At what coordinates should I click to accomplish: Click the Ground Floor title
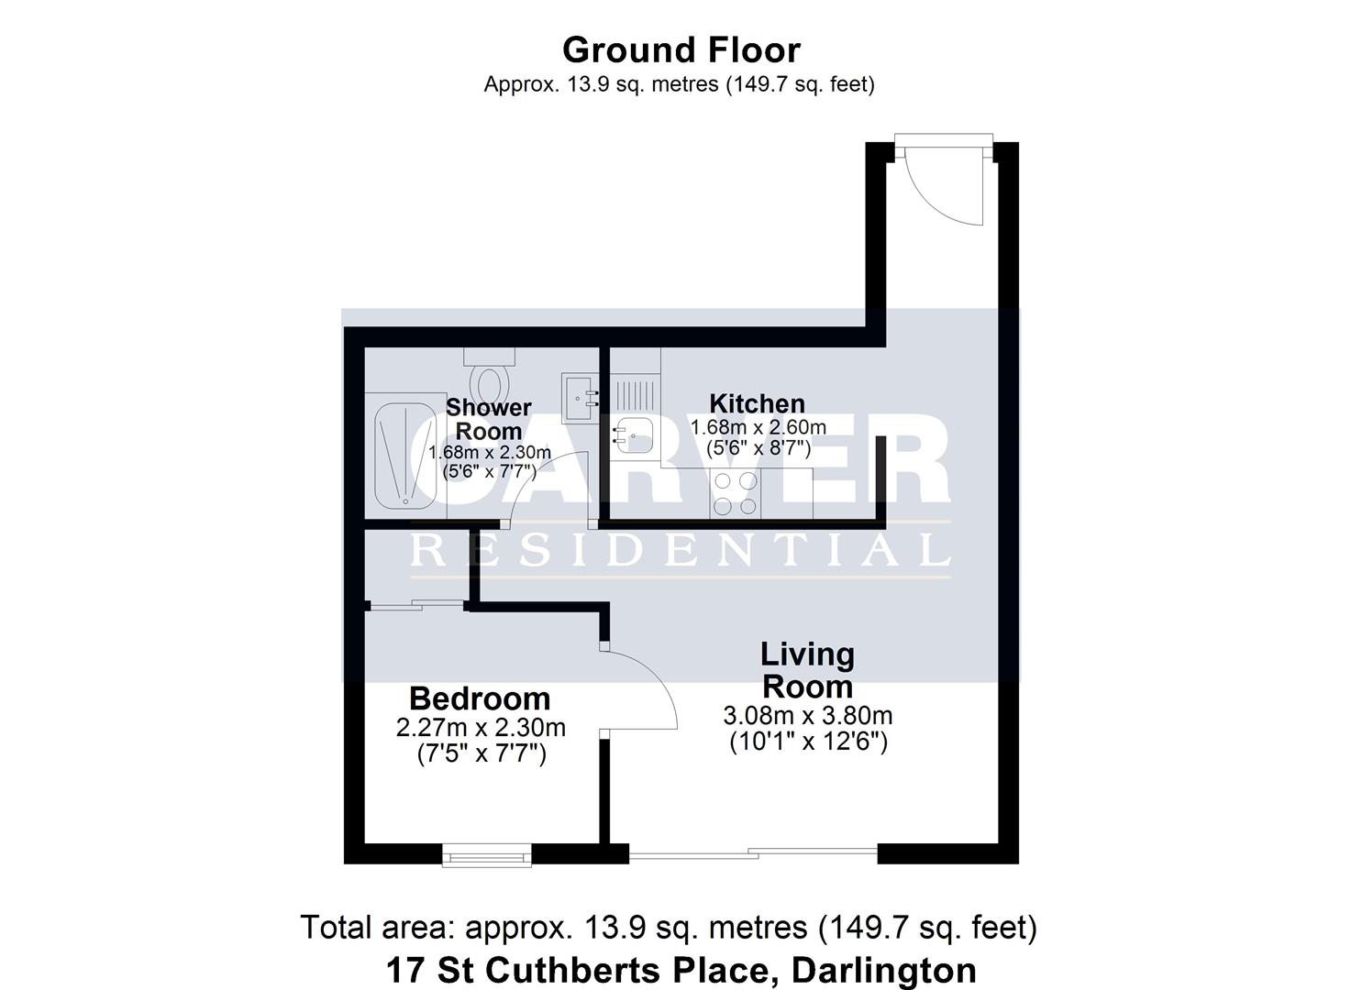681,49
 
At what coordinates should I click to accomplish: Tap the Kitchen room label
757,403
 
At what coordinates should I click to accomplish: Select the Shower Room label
489,419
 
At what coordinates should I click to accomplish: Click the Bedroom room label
480,698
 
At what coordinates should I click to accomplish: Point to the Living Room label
807,670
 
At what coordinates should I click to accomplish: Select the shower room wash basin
581,397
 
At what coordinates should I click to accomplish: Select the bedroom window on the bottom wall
487,856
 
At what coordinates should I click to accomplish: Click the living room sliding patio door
753,854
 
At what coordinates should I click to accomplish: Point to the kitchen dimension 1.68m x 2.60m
758,427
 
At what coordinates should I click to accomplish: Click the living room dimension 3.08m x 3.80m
807,716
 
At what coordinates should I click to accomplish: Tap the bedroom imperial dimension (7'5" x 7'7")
481,754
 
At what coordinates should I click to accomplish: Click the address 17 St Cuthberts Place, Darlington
681,969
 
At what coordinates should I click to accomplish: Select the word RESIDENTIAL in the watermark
680,550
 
